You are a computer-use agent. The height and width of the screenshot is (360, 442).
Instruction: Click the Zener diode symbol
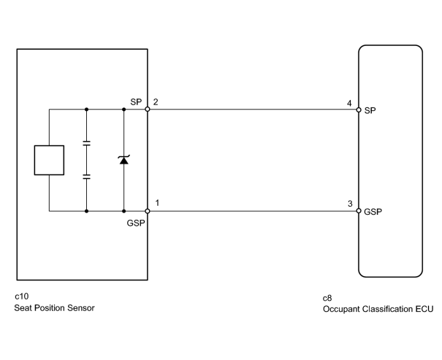click(x=123, y=160)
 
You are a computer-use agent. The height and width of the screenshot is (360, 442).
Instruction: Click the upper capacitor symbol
click(x=86, y=143)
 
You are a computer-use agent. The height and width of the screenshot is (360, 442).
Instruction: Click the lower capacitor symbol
click(x=86, y=177)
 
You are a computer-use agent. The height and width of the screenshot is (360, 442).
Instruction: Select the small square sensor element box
click(x=49, y=160)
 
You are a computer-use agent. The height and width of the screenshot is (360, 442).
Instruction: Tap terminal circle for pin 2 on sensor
click(x=148, y=109)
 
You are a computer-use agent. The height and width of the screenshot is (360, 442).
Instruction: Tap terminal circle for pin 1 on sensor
click(x=148, y=211)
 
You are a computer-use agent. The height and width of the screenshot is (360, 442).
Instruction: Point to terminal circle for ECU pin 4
click(x=359, y=110)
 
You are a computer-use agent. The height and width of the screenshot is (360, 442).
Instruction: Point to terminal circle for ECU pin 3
click(x=359, y=211)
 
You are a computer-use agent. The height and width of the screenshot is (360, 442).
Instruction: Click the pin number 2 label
click(x=156, y=102)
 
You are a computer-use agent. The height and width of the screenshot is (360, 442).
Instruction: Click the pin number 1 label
click(x=157, y=203)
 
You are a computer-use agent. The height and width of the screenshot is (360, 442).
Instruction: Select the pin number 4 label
click(x=349, y=104)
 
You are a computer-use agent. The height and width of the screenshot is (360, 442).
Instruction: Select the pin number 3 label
click(x=350, y=204)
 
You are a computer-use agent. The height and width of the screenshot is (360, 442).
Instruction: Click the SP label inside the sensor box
click(x=136, y=102)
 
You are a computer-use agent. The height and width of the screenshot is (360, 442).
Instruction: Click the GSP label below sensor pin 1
click(x=136, y=223)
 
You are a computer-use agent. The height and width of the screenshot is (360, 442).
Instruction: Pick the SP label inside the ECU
click(x=370, y=111)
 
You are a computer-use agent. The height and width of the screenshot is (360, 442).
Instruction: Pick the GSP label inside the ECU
click(x=373, y=212)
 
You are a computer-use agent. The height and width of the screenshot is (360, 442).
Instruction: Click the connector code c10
click(x=22, y=296)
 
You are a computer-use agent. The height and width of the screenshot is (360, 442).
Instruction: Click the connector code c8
click(x=327, y=298)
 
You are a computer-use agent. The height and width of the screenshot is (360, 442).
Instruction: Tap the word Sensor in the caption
click(x=80, y=308)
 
